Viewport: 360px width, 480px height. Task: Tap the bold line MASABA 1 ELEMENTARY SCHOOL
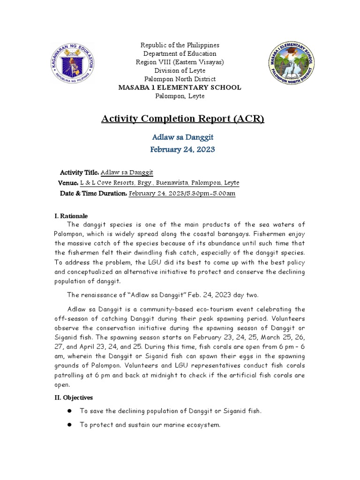point(180,88)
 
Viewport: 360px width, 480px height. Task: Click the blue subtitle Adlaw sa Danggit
point(180,137)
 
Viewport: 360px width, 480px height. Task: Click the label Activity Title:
point(79,172)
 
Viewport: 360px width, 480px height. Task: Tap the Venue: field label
point(67,183)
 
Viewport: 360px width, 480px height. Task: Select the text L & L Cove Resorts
point(109,183)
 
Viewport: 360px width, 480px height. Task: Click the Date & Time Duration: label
point(93,193)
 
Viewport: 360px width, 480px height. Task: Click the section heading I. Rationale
point(71,216)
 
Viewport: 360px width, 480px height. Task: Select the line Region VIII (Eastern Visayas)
point(180,62)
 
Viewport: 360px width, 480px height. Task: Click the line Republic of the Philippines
point(180,45)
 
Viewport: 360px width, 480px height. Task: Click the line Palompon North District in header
point(180,79)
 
